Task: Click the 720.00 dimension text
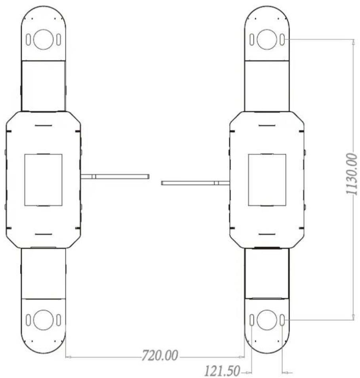click(160, 355)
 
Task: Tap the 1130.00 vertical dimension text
click(352, 174)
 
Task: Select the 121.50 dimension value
click(222, 371)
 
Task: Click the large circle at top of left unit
click(44, 40)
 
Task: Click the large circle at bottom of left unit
click(44, 320)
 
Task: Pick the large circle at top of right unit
click(267, 40)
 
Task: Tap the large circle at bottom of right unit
click(267, 320)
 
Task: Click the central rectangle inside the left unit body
click(44, 180)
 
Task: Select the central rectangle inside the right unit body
click(267, 180)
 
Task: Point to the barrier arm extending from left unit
click(115, 177)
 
